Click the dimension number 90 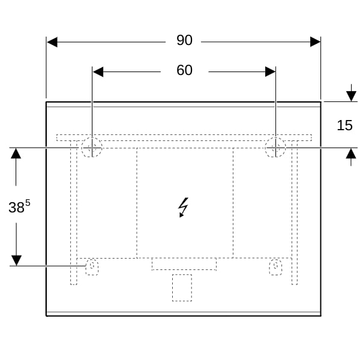(184, 40)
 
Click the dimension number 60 (184, 70)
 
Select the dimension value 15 (344, 125)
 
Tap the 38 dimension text (16, 208)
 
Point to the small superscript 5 (28, 203)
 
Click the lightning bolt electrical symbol (184, 207)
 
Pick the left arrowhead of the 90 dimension (52, 42)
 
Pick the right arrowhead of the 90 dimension (315, 42)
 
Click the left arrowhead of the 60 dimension (98, 72)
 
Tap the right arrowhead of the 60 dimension (270, 71)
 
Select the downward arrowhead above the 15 (351, 96)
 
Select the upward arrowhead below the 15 (351, 154)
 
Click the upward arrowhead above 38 (16, 153)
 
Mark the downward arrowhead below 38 (16, 260)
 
